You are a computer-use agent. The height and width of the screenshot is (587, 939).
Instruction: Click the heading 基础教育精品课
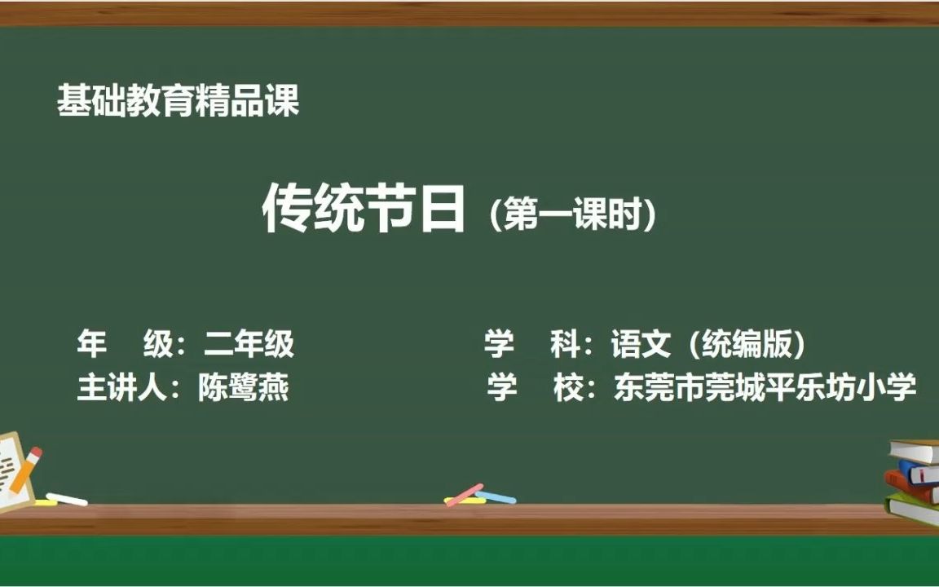click(x=179, y=102)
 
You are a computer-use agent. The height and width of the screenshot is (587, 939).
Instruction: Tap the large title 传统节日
click(x=364, y=210)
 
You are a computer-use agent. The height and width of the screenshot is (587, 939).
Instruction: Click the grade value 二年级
click(x=249, y=345)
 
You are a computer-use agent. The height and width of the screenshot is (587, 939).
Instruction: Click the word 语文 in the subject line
click(x=641, y=345)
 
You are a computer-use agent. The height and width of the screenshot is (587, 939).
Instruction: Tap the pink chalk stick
click(x=465, y=494)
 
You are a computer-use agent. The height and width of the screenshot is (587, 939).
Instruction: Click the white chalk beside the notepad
click(x=67, y=499)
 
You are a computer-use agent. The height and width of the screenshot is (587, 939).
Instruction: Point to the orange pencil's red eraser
click(x=35, y=454)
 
